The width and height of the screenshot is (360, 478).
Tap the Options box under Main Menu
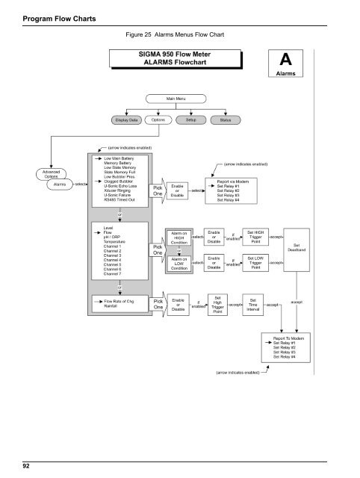tap(158, 119)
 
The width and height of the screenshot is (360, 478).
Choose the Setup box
tap(190, 119)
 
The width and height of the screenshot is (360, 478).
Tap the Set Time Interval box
tap(254, 305)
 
